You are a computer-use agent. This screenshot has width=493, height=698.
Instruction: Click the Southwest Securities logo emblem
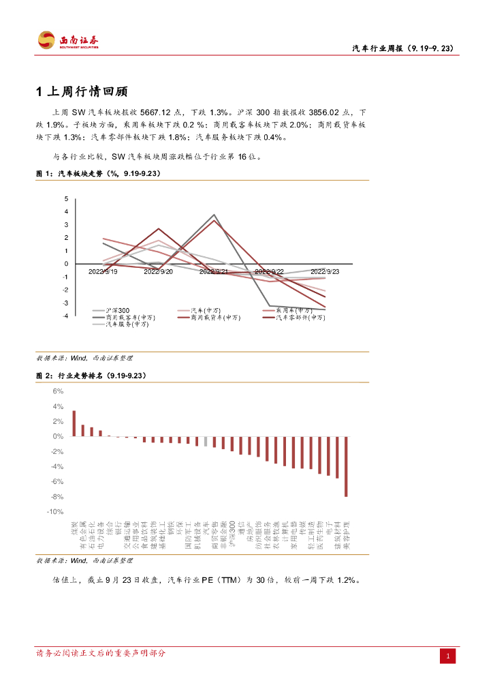[x=46, y=40]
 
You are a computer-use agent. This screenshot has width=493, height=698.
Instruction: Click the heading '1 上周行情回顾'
[x=82, y=92]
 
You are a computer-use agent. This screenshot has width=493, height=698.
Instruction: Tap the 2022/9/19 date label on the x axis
[x=103, y=271]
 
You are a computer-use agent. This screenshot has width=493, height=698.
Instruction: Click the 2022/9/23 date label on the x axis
[x=325, y=271]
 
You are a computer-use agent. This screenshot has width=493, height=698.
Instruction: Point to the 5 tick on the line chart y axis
[x=66, y=199]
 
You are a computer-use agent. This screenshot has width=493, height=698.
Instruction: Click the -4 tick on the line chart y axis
[x=65, y=316]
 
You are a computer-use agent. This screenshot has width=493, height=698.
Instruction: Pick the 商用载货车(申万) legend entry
[x=216, y=317]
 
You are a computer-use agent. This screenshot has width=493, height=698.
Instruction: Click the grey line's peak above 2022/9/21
[x=214, y=215]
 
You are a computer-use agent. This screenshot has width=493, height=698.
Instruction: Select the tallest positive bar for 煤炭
[x=74, y=423]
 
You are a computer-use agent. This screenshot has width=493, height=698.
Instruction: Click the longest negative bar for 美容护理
[x=346, y=466]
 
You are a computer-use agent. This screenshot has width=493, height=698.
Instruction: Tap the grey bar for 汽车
[x=206, y=441]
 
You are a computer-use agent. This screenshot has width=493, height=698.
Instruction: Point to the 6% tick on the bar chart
[x=58, y=391]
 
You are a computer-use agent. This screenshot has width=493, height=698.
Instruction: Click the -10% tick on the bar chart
[x=55, y=511]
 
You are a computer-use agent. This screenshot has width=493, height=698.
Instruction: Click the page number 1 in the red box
[x=449, y=656]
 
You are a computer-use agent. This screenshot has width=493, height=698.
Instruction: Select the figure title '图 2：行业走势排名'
[x=91, y=376]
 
